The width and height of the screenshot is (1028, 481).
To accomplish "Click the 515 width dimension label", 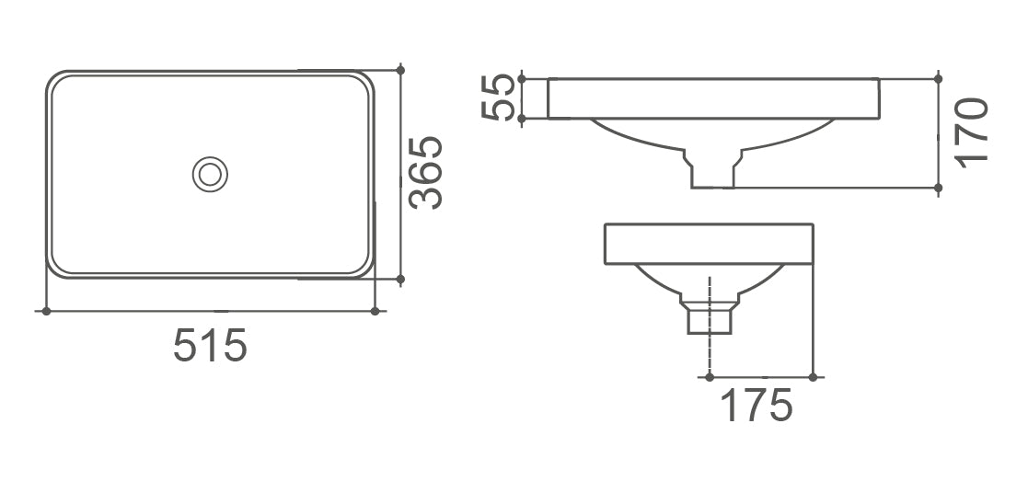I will click(x=211, y=346).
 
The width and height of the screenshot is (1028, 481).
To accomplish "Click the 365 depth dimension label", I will click(x=425, y=173).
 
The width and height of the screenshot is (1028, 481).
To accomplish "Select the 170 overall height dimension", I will click(x=972, y=132).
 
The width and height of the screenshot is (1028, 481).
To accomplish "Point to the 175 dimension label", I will click(x=756, y=406).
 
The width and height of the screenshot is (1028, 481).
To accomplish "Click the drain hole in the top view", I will click(x=211, y=173).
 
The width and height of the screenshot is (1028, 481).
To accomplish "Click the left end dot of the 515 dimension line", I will click(x=45, y=311).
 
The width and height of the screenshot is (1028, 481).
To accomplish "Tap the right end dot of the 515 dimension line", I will click(x=375, y=311).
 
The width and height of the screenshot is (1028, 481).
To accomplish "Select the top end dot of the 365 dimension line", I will click(x=400, y=70).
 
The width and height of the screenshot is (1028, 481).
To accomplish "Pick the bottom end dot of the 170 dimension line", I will click(x=938, y=188).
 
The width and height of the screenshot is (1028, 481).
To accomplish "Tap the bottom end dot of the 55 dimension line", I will click(x=522, y=119).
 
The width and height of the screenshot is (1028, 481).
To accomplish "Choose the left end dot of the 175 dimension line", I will click(x=709, y=375).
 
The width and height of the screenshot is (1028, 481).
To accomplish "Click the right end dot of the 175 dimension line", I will click(x=813, y=375).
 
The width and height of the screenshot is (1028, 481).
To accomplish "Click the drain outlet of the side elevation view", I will click(x=709, y=318).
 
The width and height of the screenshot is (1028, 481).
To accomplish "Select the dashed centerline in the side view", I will click(x=709, y=349).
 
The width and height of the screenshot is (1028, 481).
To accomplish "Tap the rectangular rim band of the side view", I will click(x=709, y=244).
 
